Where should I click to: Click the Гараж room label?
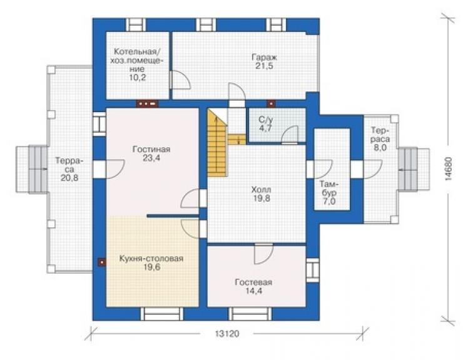[x=264, y=57]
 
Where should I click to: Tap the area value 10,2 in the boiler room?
[x=137, y=78]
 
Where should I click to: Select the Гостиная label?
[x=151, y=149]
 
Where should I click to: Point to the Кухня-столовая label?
[x=151, y=259]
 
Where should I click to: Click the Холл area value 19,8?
[x=261, y=198]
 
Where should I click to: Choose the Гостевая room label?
[x=253, y=282]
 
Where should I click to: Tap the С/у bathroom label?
[x=266, y=120]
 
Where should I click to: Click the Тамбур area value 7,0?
[x=328, y=202]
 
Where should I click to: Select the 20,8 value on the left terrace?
[x=69, y=178]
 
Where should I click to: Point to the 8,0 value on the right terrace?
[x=380, y=147]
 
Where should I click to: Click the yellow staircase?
[x=217, y=143]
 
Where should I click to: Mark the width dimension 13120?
[x=226, y=334]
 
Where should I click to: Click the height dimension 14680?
[x=448, y=169]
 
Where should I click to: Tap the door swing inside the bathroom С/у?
[x=289, y=135]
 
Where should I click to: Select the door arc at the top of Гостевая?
[x=263, y=254]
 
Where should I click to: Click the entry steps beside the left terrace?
[x=31, y=170]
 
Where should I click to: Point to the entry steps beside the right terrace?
[x=414, y=170]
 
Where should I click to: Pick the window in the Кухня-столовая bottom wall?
[x=161, y=314]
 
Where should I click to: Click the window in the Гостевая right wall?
[x=313, y=270]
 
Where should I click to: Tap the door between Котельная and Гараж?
[x=180, y=80]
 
